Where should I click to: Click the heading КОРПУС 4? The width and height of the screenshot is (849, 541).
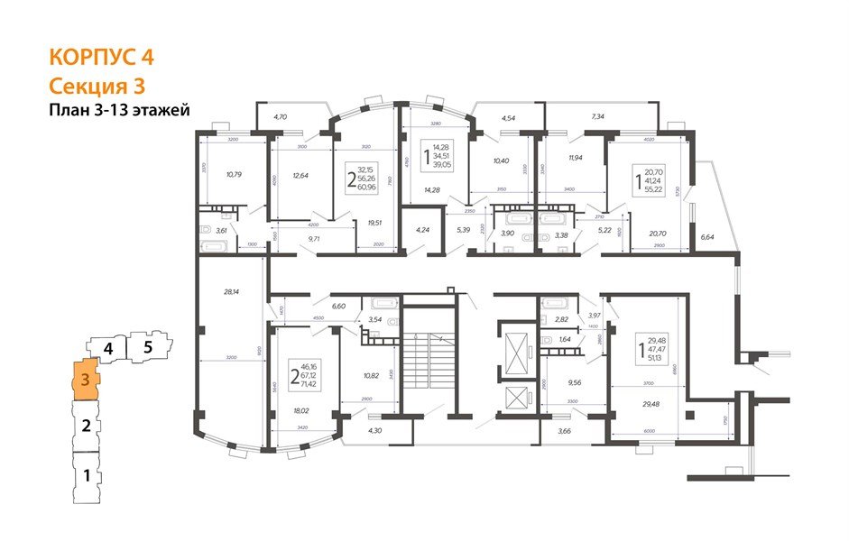click(101, 57)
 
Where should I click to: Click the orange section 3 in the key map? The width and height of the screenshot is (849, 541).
click(85, 379)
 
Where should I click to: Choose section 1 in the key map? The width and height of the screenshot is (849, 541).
click(87, 474)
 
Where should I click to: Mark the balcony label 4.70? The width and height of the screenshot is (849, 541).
click(280, 117)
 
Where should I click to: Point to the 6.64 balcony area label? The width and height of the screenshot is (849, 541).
click(707, 238)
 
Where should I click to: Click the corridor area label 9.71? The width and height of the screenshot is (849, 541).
click(316, 238)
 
